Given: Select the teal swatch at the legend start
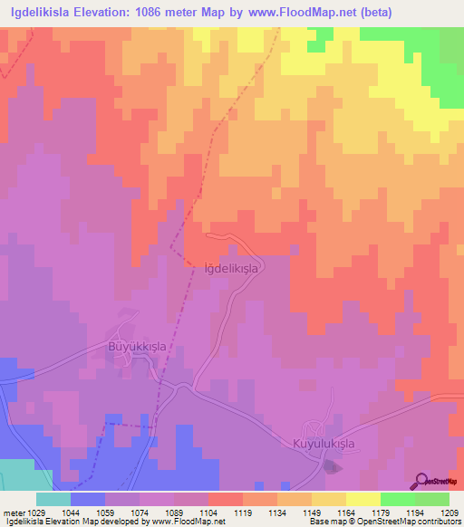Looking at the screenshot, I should coord(53,499).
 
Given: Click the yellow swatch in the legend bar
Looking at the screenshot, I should coord(362,499).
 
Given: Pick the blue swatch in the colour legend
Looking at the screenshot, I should coord(87,499).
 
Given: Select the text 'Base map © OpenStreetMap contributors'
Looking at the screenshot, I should coord(382,522).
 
